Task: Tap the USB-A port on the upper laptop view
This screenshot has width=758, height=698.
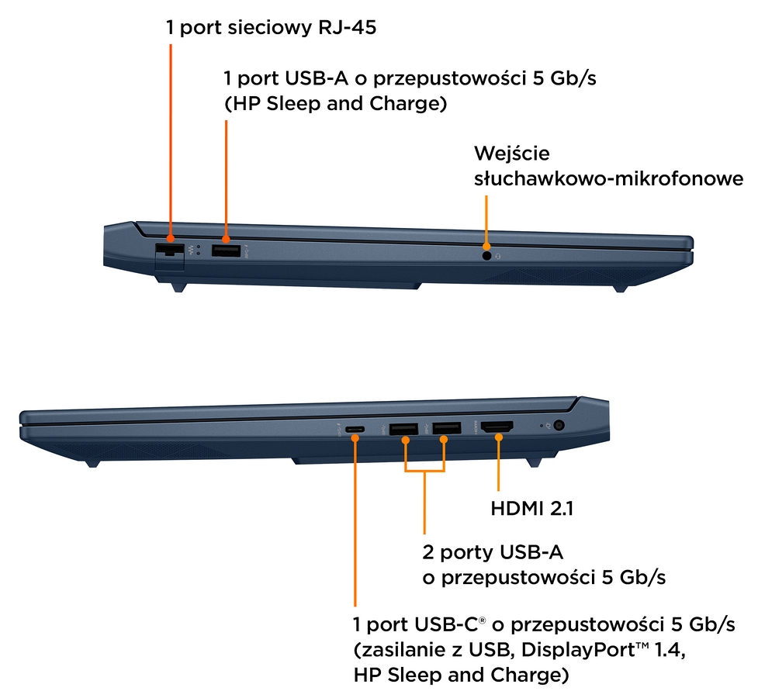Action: (226, 251)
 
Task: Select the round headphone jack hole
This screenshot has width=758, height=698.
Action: (486, 254)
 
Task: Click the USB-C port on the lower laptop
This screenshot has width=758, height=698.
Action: (355, 429)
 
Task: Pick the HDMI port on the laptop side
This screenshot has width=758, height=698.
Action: (498, 427)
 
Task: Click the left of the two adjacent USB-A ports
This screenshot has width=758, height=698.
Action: (403, 428)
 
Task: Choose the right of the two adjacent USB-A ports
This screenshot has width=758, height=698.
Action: (445, 428)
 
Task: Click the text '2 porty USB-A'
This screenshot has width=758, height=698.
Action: (492, 552)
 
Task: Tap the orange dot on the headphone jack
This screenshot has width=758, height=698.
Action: (486, 245)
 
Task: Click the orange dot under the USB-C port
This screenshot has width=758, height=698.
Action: (355, 439)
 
